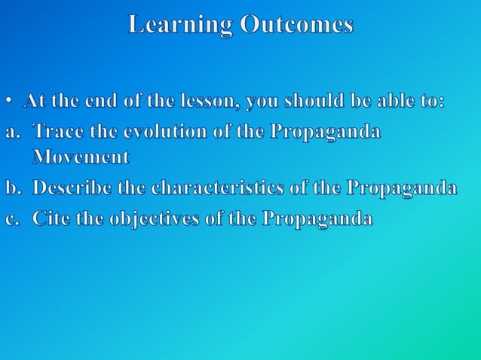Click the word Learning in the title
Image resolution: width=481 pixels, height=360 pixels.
click(179, 25)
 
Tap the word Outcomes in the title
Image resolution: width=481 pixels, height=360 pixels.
click(296, 25)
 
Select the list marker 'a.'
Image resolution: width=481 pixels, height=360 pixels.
click(14, 132)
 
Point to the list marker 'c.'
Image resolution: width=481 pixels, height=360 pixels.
click(14, 219)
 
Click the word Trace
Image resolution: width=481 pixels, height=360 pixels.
click(57, 132)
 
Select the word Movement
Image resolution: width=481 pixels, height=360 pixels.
click(81, 158)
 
